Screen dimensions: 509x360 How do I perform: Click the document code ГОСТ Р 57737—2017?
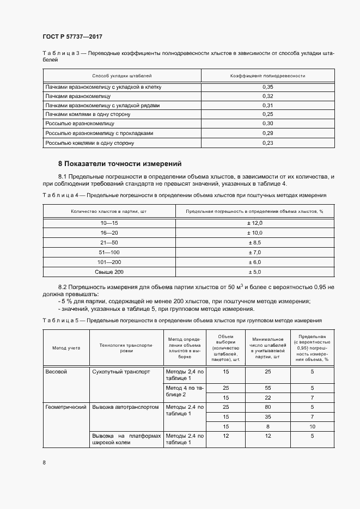(x=72, y=36)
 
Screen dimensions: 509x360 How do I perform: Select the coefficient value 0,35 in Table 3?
(x=267, y=87)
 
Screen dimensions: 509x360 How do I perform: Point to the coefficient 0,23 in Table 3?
(x=267, y=143)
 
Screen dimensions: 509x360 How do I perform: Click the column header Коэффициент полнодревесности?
(x=267, y=76)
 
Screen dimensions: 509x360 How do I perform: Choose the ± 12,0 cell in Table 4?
(x=255, y=223)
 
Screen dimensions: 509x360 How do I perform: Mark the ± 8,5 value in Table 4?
(x=255, y=242)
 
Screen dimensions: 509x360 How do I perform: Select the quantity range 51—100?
(x=109, y=252)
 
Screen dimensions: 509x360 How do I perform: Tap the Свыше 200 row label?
(x=109, y=271)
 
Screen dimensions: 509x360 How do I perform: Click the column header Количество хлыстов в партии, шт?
(x=109, y=211)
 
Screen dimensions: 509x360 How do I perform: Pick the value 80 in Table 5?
(x=267, y=407)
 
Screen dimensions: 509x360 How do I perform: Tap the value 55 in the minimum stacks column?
(x=267, y=388)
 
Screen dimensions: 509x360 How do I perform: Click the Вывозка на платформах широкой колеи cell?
(x=126, y=439)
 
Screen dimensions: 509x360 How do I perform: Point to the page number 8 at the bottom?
(x=44, y=463)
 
